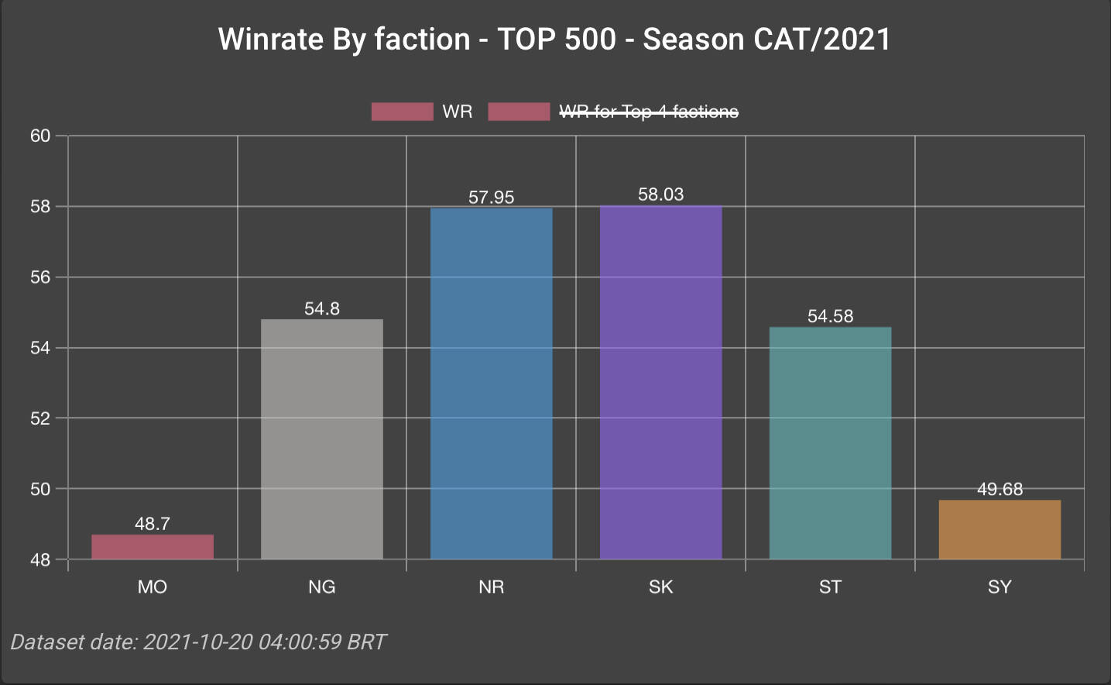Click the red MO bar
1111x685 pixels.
point(153,546)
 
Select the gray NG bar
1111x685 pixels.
point(322,439)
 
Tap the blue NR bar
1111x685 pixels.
point(492,383)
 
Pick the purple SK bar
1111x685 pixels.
point(660,382)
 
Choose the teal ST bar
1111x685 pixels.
point(830,442)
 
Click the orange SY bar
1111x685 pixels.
point(1000,529)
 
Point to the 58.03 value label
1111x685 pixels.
point(660,194)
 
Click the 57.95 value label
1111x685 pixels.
point(492,198)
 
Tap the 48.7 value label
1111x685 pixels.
point(153,524)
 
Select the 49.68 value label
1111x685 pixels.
point(1000,490)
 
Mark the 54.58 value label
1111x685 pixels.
point(830,316)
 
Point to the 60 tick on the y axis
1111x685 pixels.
point(40,136)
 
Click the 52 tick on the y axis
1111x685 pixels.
point(40,418)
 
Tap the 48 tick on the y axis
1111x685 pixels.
point(40,560)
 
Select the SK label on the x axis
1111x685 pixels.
point(660,587)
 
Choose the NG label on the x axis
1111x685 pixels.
point(322,587)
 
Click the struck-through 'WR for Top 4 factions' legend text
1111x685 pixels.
point(649,112)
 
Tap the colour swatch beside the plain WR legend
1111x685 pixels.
point(402,112)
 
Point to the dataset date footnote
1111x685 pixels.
point(198,642)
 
